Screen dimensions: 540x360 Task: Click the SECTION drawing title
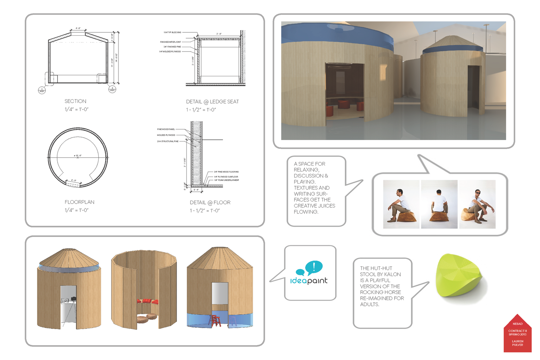pyautogui.click(x=75, y=101)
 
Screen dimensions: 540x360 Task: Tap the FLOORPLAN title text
pyautogui.click(x=79, y=202)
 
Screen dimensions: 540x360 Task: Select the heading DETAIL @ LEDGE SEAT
pyautogui.click(x=212, y=102)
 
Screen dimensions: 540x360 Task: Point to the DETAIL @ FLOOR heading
pyautogui.click(x=210, y=202)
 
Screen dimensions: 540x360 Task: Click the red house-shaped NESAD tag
pyautogui.click(x=517, y=334)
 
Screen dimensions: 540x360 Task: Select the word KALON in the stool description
pyautogui.click(x=392, y=274)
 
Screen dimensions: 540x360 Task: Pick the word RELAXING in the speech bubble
pyautogui.click(x=306, y=170)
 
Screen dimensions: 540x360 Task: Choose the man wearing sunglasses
pyautogui.click(x=477, y=205)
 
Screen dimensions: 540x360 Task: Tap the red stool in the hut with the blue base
pyautogui.click(x=215, y=320)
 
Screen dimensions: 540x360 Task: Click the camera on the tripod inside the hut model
pyautogui.click(x=73, y=299)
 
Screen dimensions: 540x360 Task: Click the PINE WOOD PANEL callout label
pyautogui.click(x=166, y=129)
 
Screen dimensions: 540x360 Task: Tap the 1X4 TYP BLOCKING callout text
pyautogui.click(x=172, y=32)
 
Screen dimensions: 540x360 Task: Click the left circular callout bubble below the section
pyautogui.click(x=42, y=90)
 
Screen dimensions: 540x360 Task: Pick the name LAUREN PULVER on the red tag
pyautogui.click(x=517, y=343)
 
